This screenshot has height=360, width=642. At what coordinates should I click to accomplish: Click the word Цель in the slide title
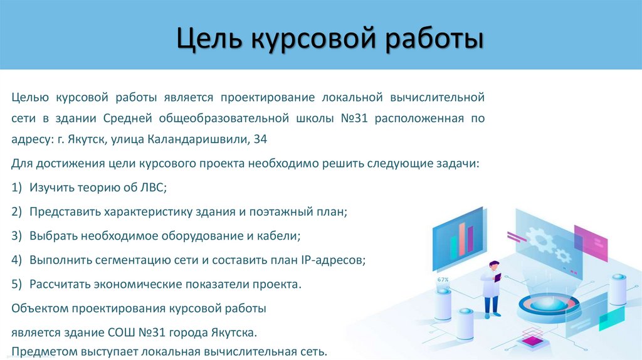208,38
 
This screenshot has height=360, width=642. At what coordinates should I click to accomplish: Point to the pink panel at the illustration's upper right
591,242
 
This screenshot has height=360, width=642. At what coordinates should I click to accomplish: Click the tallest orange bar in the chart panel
463,237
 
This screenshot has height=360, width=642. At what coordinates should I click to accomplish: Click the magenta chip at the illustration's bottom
534,341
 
